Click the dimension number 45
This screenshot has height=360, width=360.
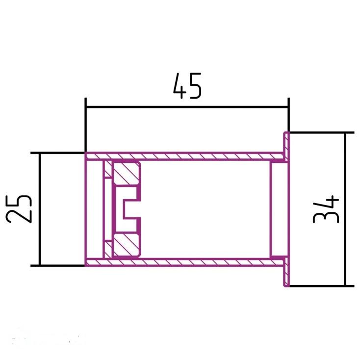pyautogui.click(x=187, y=86)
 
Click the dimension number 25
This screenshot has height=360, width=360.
pyautogui.click(x=18, y=209)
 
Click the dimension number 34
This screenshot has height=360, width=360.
pyautogui.click(x=326, y=209)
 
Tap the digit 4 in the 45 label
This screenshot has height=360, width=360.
pyautogui.click(x=180, y=86)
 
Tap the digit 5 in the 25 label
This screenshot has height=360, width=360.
pyautogui.click(x=18, y=202)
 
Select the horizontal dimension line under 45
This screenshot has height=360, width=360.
pyautogui.click(x=187, y=107)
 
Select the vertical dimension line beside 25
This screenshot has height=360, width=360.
pyautogui.click(x=40, y=209)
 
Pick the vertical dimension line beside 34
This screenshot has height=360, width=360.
pyautogui.click(x=345, y=209)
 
